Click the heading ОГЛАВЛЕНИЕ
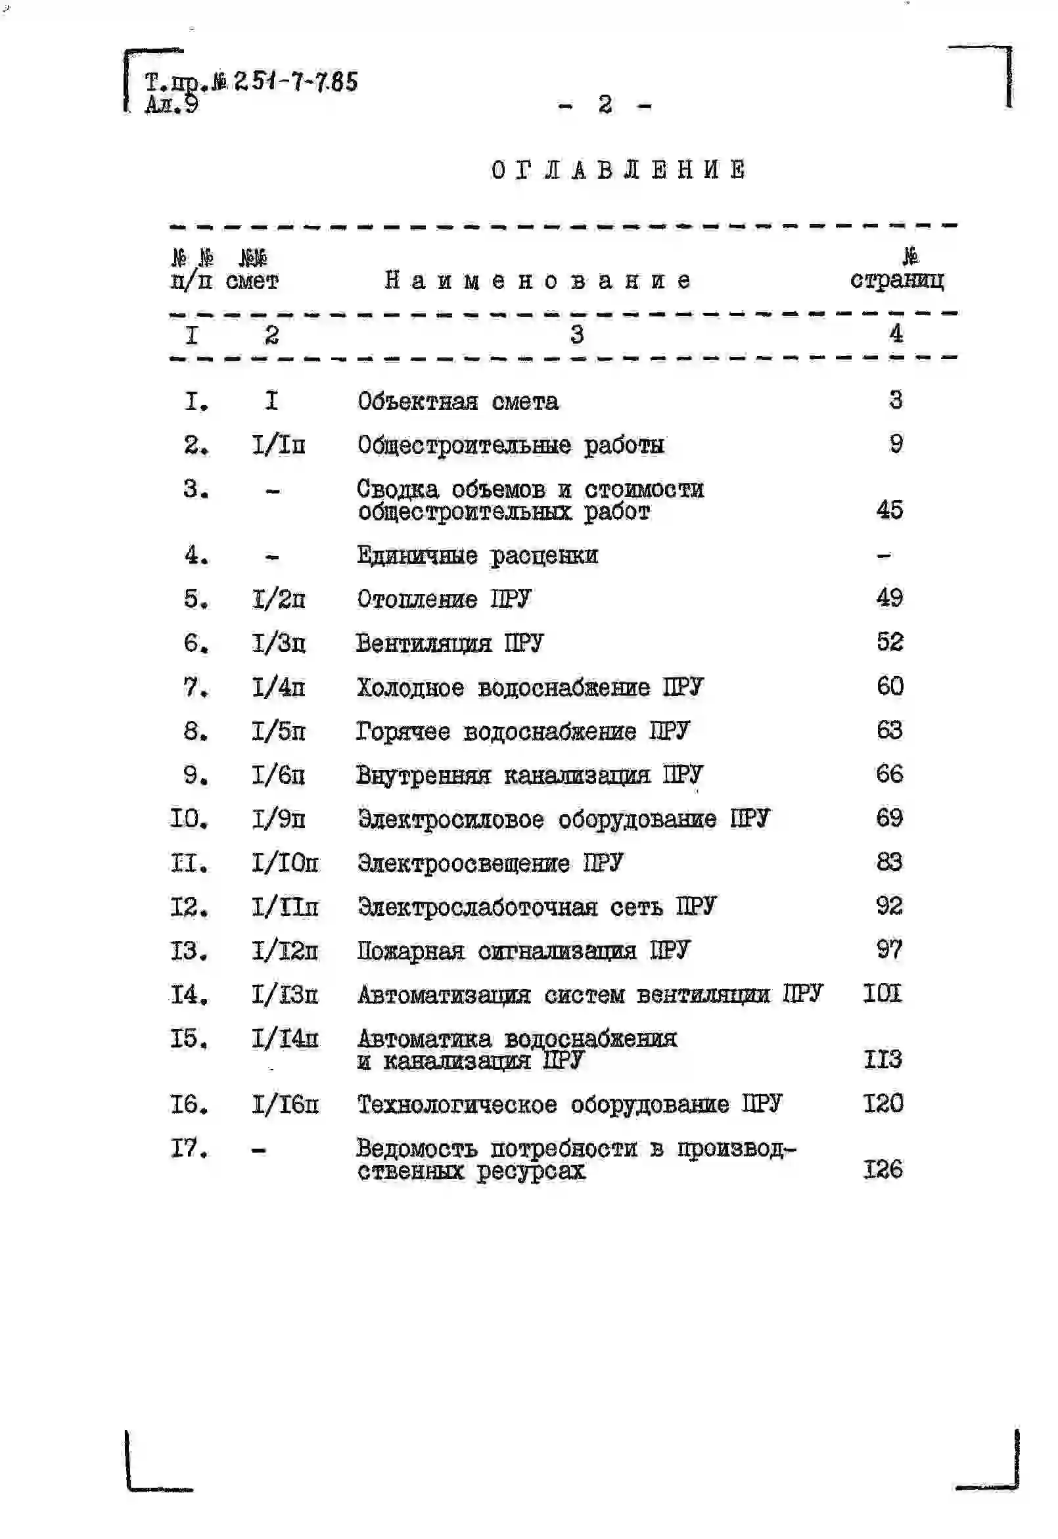pos(618,170)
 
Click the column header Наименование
pos(538,281)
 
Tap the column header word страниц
pos(897,281)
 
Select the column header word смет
pos(252,282)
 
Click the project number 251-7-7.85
pos(296,82)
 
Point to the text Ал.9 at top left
pos(171,104)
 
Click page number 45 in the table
pos(890,510)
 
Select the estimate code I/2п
pos(279,599)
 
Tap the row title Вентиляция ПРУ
pos(449,643)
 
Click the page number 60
pos(890,686)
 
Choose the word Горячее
pos(403,731)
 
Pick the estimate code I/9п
pos(279,820)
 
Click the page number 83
pos(890,862)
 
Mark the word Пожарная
pos(410,951)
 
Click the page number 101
pos(883,994)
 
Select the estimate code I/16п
pos(285,1104)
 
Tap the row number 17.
pos(190,1147)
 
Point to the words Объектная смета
pos(458,402)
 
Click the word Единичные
pos(417,555)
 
